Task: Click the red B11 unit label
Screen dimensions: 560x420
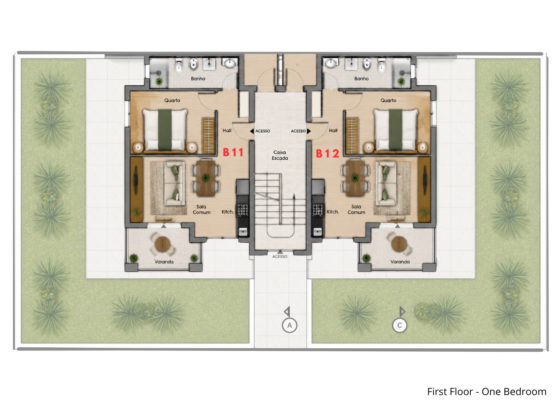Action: coord(233,152)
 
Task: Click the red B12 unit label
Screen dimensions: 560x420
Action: coord(327,153)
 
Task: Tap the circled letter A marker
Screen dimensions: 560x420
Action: coord(289,325)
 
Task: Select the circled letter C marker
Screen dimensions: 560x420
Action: coord(399,325)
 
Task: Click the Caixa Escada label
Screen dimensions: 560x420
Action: coord(280,155)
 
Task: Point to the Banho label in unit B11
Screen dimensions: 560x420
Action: coord(198,79)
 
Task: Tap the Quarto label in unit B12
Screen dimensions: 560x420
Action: coord(388,101)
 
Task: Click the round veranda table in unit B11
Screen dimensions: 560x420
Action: coord(162,244)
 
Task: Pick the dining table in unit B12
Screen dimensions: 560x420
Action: coord(355,178)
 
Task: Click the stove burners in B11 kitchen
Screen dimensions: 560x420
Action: coord(243,210)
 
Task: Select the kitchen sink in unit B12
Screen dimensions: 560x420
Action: coord(318,232)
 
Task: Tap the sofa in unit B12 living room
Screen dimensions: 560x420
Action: coord(385,183)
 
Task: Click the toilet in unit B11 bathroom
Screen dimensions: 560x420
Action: coord(178,66)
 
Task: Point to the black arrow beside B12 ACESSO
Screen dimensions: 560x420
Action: coord(309,131)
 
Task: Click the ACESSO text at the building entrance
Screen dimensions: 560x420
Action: coord(280,256)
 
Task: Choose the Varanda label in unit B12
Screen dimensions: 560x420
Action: coord(400,262)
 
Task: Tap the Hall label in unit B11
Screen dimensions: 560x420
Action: coord(227,130)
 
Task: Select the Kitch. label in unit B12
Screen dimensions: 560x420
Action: coord(333,212)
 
